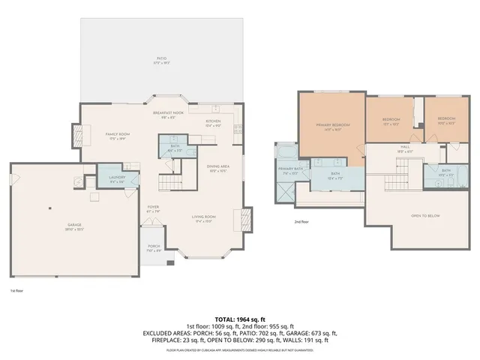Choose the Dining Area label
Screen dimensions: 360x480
(218, 166)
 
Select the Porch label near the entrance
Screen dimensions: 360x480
(153, 247)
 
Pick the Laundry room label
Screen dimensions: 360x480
(118, 178)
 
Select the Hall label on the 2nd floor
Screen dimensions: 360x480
(404, 147)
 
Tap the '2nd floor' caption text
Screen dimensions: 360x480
(301, 222)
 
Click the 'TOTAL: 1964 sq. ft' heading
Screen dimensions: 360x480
(240, 319)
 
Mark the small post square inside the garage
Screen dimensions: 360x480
(50, 208)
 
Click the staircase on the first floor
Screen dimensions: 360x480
(170, 182)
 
